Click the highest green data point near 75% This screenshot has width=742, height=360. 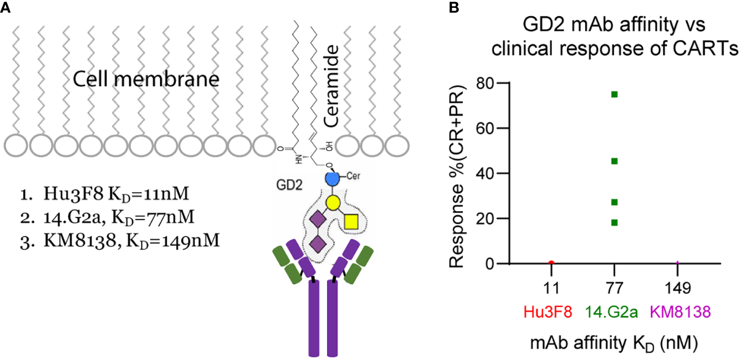(614, 94)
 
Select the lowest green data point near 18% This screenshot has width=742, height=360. (614, 222)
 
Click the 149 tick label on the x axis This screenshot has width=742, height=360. (678, 287)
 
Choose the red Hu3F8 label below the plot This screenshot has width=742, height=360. (552, 313)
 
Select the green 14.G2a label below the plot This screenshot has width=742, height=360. (614, 313)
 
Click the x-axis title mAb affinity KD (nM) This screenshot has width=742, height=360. (615, 344)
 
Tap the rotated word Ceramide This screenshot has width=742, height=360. (332, 86)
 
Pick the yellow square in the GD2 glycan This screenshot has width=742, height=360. (352, 222)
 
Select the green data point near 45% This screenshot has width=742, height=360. (614, 161)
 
